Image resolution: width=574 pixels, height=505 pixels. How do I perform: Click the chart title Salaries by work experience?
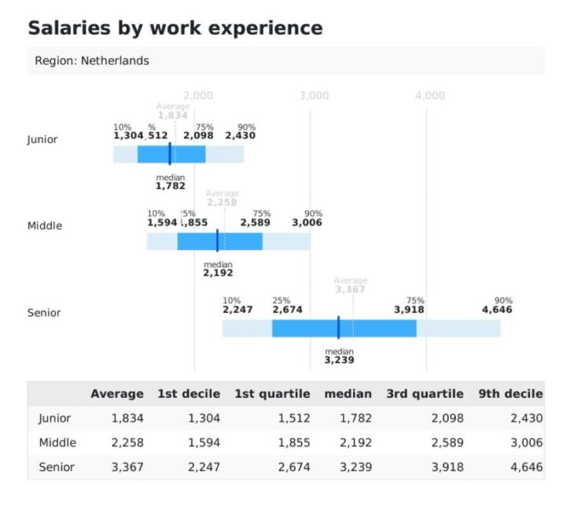point(175,28)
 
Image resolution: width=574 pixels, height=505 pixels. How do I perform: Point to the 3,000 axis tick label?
point(315,96)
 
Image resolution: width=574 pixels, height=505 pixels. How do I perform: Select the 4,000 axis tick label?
point(430,96)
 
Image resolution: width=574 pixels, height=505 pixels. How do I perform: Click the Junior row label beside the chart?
point(42,140)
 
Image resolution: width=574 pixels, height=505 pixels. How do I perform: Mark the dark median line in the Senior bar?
point(338,327)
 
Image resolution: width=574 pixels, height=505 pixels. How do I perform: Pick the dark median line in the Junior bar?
point(170,153)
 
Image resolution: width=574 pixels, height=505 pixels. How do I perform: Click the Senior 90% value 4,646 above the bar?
point(497,310)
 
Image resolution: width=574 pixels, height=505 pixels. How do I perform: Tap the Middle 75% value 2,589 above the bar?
point(255,223)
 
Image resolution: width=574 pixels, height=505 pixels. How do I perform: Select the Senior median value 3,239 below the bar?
point(339,360)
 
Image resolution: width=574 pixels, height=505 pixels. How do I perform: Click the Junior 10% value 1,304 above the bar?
point(128,136)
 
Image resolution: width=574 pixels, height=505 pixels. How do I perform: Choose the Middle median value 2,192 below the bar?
point(218,274)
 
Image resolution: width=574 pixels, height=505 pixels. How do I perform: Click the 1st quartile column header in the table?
point(272,394)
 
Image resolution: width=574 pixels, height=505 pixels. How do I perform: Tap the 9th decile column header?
point(510,394)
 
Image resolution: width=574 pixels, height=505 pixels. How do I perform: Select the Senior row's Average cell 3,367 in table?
point(127,467)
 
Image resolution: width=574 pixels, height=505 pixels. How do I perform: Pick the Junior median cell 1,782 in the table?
point(355,418)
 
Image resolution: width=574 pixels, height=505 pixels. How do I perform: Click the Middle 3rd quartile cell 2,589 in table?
point(447,443)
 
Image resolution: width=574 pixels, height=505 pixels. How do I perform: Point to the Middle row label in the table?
point(57,443)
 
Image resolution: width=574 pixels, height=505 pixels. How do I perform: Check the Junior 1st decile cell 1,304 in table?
point(204,418)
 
